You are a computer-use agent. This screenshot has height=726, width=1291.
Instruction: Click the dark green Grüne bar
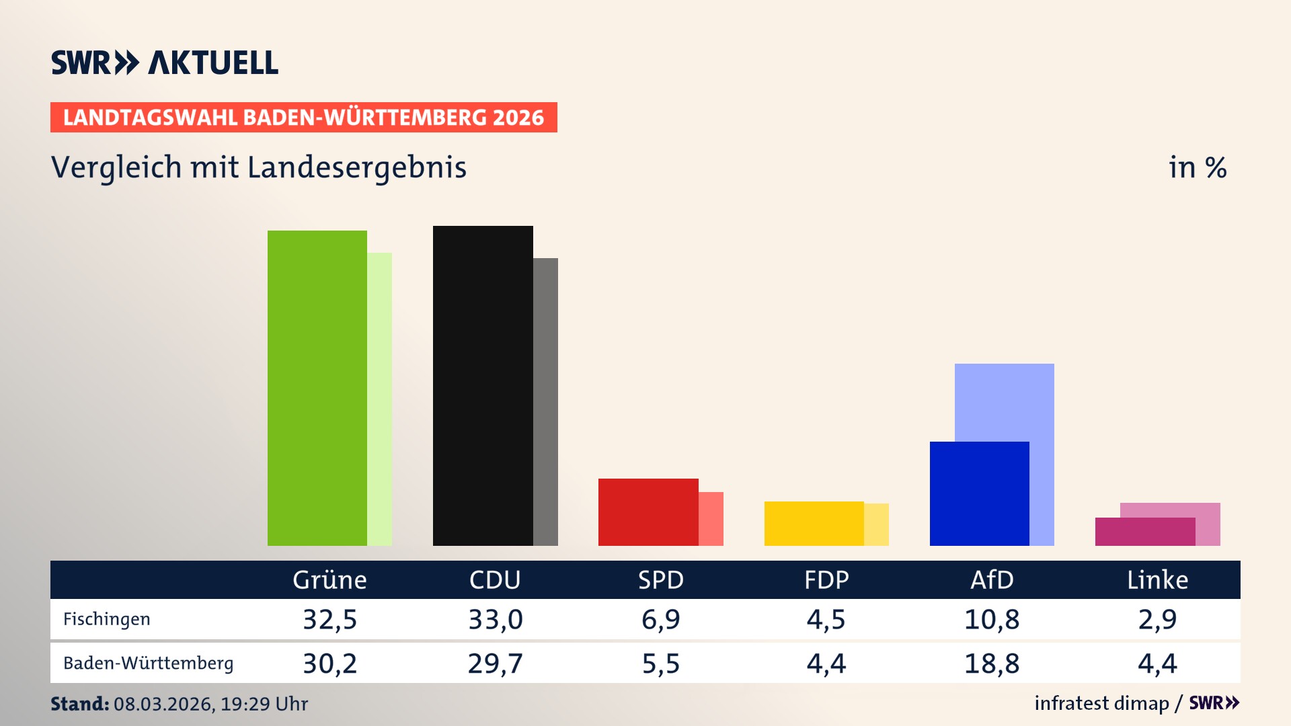point(317,388)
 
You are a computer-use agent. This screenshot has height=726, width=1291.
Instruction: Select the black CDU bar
point(483,386)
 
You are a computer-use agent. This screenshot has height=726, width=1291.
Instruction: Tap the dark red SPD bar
point(648,512)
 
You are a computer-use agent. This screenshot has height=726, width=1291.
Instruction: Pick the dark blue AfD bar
point(979,493)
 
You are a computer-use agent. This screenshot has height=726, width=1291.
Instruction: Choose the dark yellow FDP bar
point(814,524)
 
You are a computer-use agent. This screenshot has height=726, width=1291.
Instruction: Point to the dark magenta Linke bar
point(1144,532)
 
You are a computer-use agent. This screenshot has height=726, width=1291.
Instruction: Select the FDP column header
point(826,580)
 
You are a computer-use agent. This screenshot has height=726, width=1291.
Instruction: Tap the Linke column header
point(1157,580)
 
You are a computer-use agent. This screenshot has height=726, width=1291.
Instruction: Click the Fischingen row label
point(106,619)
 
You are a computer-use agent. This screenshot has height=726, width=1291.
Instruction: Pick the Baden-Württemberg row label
point(148,663)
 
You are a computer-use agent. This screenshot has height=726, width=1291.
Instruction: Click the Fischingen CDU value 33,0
point(496,619)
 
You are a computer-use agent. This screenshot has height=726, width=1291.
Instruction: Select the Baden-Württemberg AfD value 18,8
point(992,663)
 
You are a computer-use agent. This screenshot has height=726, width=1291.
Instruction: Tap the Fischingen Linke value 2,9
point(1157,619)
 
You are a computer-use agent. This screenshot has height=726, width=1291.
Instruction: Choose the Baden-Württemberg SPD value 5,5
point(661,663)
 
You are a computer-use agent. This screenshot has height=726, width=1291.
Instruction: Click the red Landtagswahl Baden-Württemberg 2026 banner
point(303,118)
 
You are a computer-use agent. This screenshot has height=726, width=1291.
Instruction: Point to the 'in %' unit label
point(1197,167)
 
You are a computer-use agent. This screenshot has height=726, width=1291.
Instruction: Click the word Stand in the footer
point(79,704)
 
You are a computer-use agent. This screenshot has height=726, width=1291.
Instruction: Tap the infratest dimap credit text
point(1101,703)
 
